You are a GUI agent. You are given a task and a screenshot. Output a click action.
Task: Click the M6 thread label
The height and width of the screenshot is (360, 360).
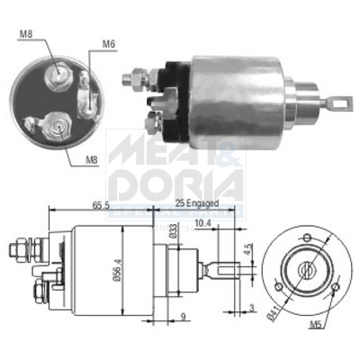tap(109, 42)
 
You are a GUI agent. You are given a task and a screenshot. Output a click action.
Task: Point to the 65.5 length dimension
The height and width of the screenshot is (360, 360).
tap(100, 206)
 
